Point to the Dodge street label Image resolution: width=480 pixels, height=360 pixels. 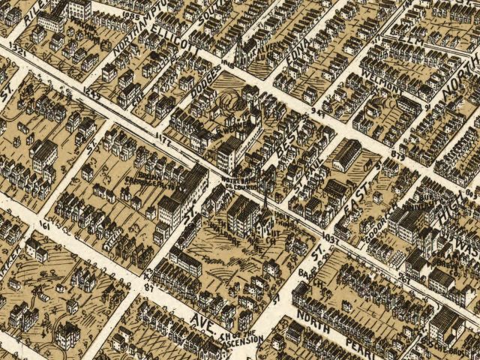tap(208, 82)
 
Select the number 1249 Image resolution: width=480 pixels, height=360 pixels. tap(94, 93)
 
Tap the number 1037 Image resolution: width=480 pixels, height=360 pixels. tap(328, 237)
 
